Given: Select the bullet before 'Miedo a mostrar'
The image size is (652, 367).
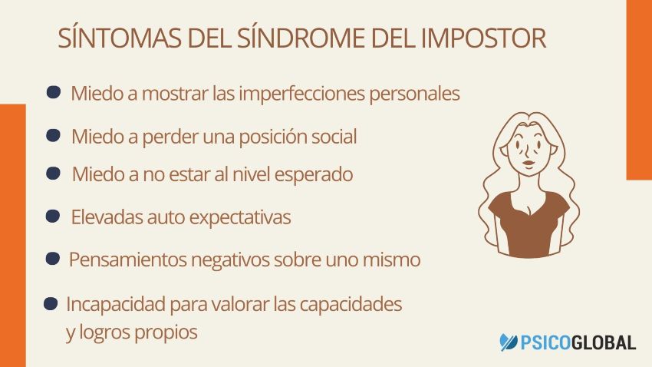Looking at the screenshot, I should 54,92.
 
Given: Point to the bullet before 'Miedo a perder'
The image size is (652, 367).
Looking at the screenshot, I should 54,136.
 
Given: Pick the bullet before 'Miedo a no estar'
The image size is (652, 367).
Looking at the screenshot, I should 53,174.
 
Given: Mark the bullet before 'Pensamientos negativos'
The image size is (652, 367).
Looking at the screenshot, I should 53,259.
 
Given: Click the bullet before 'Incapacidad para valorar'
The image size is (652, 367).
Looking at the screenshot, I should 51,304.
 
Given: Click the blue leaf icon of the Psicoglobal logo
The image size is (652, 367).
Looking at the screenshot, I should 509,342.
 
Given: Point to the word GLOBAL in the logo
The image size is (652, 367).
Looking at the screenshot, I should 601,342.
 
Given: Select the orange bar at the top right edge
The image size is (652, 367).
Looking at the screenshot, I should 638,88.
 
